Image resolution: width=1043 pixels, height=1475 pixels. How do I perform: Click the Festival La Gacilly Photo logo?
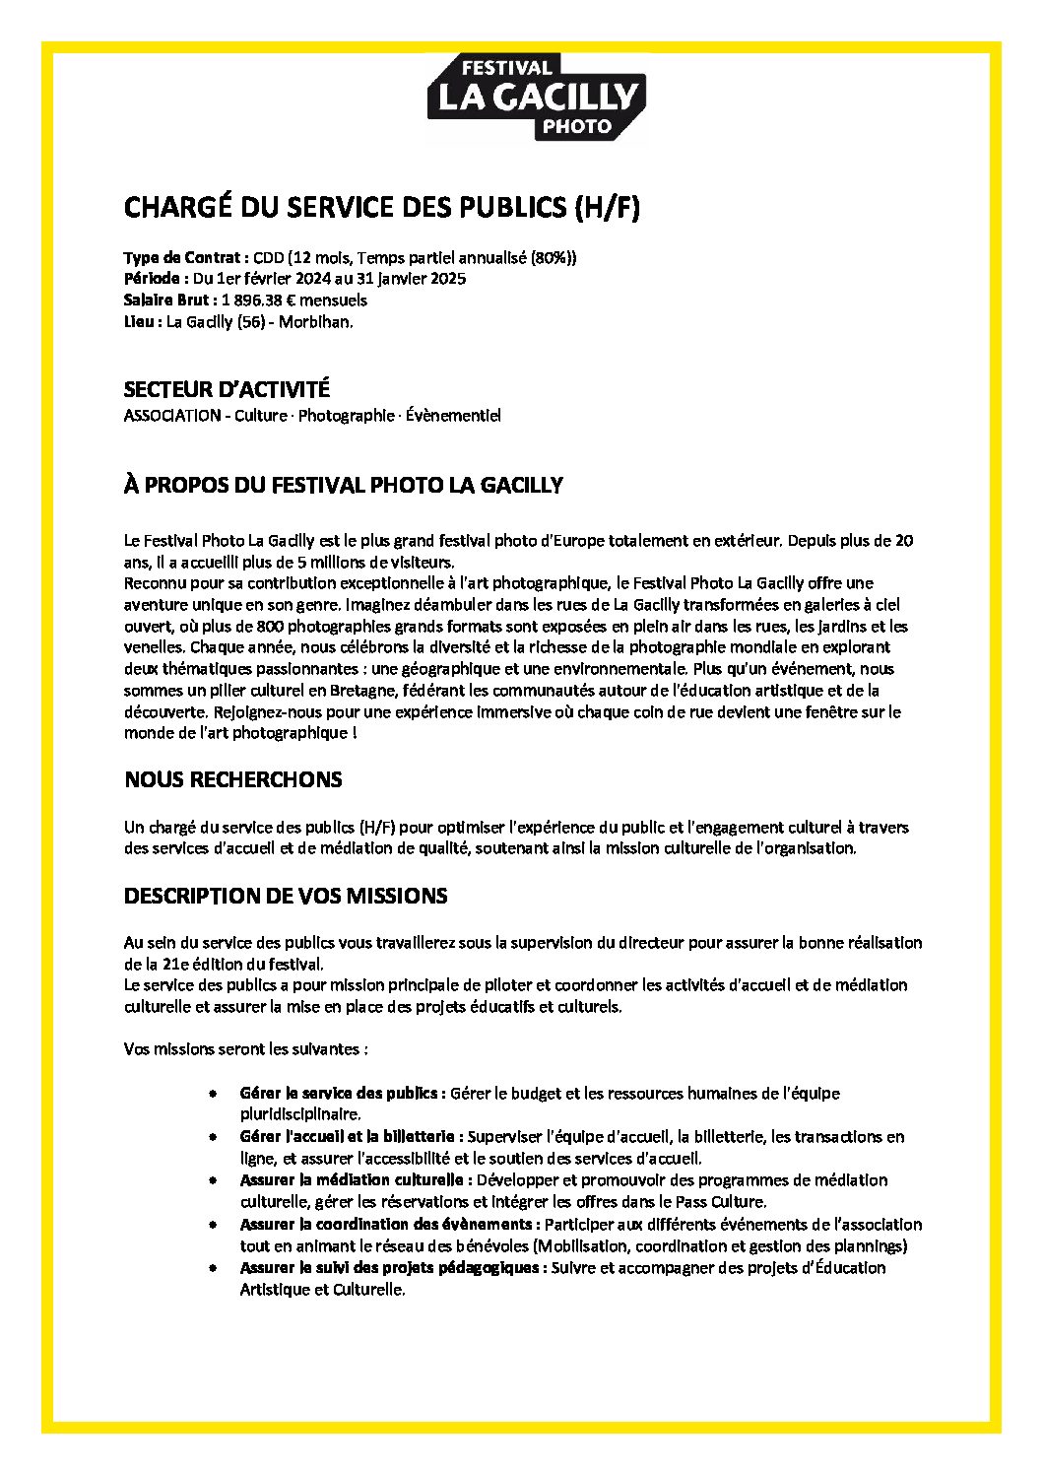(536, 97)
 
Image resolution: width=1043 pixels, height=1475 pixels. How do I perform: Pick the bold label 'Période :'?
(156, 279)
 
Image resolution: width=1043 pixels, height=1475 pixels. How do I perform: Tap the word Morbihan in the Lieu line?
(315, 321)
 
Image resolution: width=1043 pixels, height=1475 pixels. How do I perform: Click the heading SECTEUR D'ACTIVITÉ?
(227, 389)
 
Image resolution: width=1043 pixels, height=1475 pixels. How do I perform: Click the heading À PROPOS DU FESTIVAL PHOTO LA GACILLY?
(343, 485)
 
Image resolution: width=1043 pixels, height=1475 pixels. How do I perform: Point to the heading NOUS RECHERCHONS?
(232, 779)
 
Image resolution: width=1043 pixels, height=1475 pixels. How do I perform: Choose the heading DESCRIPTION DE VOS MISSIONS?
(286, 896)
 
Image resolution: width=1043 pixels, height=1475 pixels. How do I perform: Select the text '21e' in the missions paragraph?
(175, 964)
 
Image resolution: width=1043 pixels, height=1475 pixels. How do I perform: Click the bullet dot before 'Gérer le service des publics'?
(213, 1094)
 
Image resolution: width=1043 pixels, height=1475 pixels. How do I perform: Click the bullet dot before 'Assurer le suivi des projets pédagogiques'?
(213, 1268)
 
